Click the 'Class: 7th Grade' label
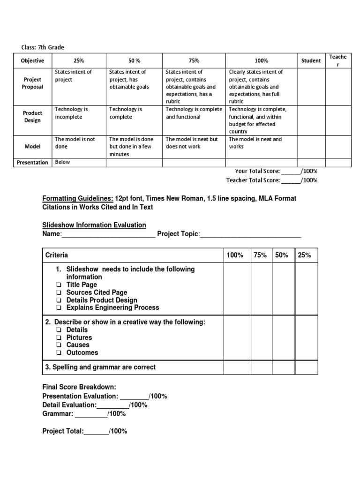pos(43,47)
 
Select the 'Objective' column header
pos(32,60)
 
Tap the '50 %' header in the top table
pos(135,60)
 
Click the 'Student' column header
pos(311,60)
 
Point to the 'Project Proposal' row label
pos(32,83)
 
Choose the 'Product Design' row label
pos(32,117)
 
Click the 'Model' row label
pos(32,147)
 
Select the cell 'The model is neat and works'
pos(255,143)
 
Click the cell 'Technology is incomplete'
pos(71,113)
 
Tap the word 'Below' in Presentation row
pos(62,162)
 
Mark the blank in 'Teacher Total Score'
pos(290,180)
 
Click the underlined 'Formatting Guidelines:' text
pos(78,199)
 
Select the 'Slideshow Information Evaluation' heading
pos(94,225)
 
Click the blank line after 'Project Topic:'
pos(250,234)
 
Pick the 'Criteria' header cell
pos(56,255)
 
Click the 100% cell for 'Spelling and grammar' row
pos(237,367)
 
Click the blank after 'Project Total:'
pos(96,431)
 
